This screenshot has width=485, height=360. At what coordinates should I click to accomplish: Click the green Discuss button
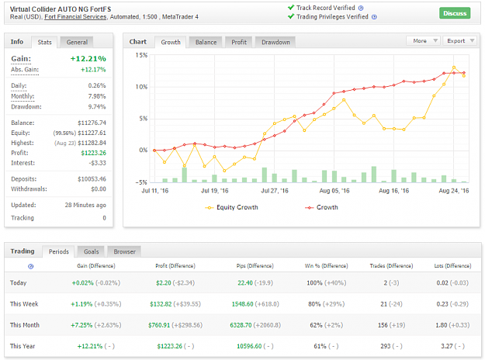(455, 13)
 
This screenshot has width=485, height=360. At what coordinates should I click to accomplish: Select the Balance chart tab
(206, 42)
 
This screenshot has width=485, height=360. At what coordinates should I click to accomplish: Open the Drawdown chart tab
(275, 42)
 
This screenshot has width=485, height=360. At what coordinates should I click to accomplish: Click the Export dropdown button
(460, 41)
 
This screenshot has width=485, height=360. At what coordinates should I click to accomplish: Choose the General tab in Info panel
(77, 42)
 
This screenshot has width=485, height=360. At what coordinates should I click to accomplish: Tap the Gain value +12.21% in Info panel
(88, 58)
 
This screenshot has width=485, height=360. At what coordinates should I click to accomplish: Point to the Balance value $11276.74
(92, 123)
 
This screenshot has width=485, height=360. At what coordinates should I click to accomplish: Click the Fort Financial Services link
(75, 17)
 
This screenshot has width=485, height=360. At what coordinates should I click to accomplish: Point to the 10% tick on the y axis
(141, 87)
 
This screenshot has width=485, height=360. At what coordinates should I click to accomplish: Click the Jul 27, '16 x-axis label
(275, 191)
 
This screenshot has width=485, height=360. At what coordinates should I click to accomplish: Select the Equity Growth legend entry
(231, 207)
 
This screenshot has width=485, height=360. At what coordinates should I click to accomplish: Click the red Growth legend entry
(322, 207)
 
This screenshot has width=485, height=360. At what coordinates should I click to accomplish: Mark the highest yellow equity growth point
(454, 67)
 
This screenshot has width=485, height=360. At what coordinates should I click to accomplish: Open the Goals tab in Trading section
(92, 251)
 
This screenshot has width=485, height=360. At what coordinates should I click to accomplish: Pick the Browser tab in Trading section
(124, 251)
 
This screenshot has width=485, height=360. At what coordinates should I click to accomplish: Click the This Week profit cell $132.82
(161, 304)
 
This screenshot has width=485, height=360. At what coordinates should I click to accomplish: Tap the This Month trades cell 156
(383, 325)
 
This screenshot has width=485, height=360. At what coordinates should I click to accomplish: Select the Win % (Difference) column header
(327, 265)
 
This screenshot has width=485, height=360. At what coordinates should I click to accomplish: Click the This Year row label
(23, 346)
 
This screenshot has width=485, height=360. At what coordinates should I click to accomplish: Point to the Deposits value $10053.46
(92, 179)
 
